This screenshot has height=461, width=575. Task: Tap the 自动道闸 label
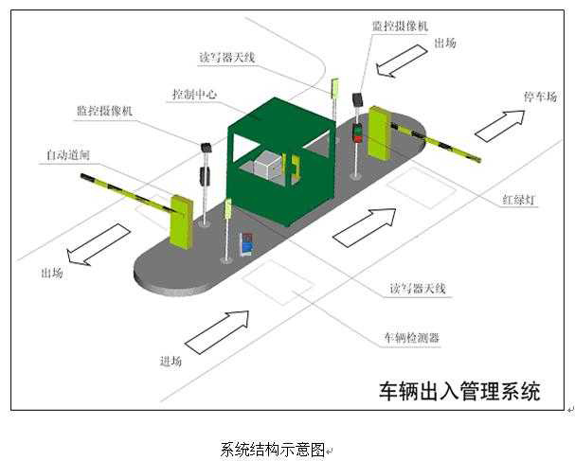[67, 153]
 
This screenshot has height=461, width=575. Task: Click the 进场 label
[171, 361]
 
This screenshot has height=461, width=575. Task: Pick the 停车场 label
[542, 96]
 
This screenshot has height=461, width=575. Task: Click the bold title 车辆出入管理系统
[459, 391]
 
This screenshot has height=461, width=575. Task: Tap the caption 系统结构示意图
[273, 448]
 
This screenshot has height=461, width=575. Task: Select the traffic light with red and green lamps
[357, 133]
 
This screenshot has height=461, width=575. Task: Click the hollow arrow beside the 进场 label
[217, 331]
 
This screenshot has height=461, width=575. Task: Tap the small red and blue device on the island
[247, 244]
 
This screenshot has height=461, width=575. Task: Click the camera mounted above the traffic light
[358, 99]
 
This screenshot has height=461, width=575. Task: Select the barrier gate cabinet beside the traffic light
[380, 135]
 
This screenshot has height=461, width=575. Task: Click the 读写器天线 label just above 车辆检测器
[416, 288]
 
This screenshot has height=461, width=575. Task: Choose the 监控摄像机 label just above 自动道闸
[105, 111]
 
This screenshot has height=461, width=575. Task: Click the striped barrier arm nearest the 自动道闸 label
[124, 191]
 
